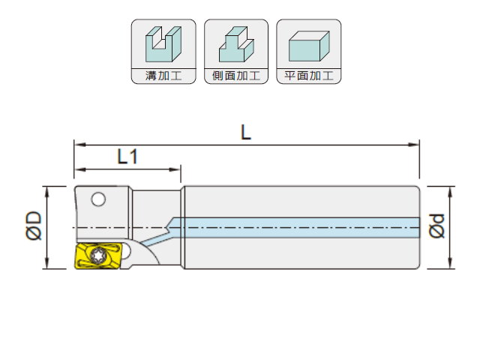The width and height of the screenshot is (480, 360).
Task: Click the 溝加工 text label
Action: (163, 76)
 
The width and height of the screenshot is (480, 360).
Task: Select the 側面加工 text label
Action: (236, 76)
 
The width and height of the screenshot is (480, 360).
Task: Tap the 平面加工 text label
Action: (308, 76)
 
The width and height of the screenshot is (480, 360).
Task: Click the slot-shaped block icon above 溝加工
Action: (163, 44)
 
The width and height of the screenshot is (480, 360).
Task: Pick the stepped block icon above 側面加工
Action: (236, 44)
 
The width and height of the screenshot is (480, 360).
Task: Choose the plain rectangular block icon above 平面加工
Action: (309, 46)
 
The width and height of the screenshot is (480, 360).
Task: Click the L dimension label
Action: (246, 133)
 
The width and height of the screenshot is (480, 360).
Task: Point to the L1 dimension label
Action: (127, 157)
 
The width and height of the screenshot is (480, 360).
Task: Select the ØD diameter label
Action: (34, 225)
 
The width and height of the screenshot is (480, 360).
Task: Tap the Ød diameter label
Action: (436, 226)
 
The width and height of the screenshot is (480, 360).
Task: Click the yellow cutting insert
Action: (98, 256)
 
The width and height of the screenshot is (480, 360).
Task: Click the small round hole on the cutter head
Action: (98, 199)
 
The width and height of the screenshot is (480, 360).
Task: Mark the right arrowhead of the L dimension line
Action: (415, 145)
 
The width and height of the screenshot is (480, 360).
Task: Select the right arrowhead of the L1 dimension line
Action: (175, 169)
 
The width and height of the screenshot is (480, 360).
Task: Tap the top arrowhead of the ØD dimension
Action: (46, 190)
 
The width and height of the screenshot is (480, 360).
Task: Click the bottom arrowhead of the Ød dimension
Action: (450, 264)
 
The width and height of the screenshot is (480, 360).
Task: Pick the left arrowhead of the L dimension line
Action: (79, 145)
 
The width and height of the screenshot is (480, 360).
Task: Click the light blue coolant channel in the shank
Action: (294, 228)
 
